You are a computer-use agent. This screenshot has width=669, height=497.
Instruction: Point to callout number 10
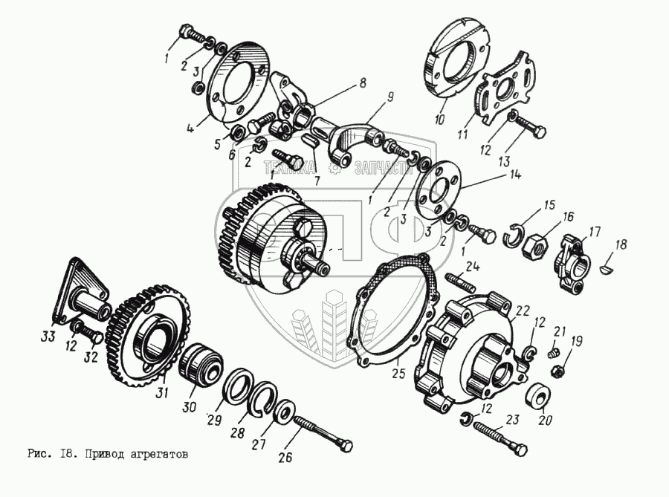coord(439,119)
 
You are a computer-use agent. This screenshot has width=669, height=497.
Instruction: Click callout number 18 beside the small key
coord(621,243)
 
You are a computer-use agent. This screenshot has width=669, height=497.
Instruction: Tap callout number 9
coord(389,96)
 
